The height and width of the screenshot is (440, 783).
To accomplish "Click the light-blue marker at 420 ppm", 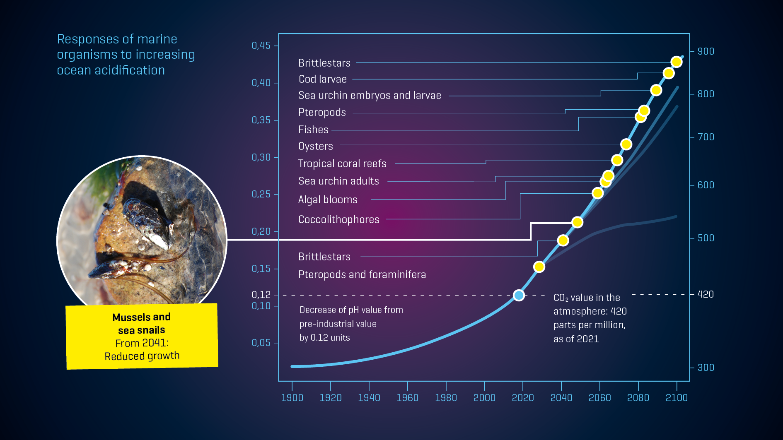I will coord(519,295).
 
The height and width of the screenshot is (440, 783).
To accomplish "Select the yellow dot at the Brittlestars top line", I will coord(677,62).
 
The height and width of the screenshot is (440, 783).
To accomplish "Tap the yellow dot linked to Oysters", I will coord(626,144).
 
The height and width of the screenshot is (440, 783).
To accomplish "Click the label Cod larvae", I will coord(323,79).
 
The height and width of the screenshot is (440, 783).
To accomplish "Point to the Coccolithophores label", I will coord(338,219).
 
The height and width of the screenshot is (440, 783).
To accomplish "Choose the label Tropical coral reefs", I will coord(342,163).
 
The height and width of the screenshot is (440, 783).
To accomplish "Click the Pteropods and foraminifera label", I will coord(362,274).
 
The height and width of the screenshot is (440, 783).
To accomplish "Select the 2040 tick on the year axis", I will coord(561,397).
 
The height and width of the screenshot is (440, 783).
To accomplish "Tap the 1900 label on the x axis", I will coord(292,397).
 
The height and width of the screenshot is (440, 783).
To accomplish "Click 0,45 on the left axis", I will coord(261,46).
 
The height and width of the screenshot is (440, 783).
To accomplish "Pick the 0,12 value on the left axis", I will coord(261,294).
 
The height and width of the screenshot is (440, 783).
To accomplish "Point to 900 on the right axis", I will coord(706,51).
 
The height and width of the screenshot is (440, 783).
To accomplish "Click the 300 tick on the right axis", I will coord(706,368).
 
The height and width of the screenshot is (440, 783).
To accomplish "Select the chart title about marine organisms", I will coord(126,55).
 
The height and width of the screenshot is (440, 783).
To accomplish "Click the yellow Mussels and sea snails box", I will coord(142,336).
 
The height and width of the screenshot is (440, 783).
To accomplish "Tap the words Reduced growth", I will coord(142,356).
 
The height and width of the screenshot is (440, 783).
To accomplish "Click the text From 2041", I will coord(142,343).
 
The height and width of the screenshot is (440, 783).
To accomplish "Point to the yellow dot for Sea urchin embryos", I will coord(656,90).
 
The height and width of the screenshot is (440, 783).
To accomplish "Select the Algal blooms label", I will coord(328,200).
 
